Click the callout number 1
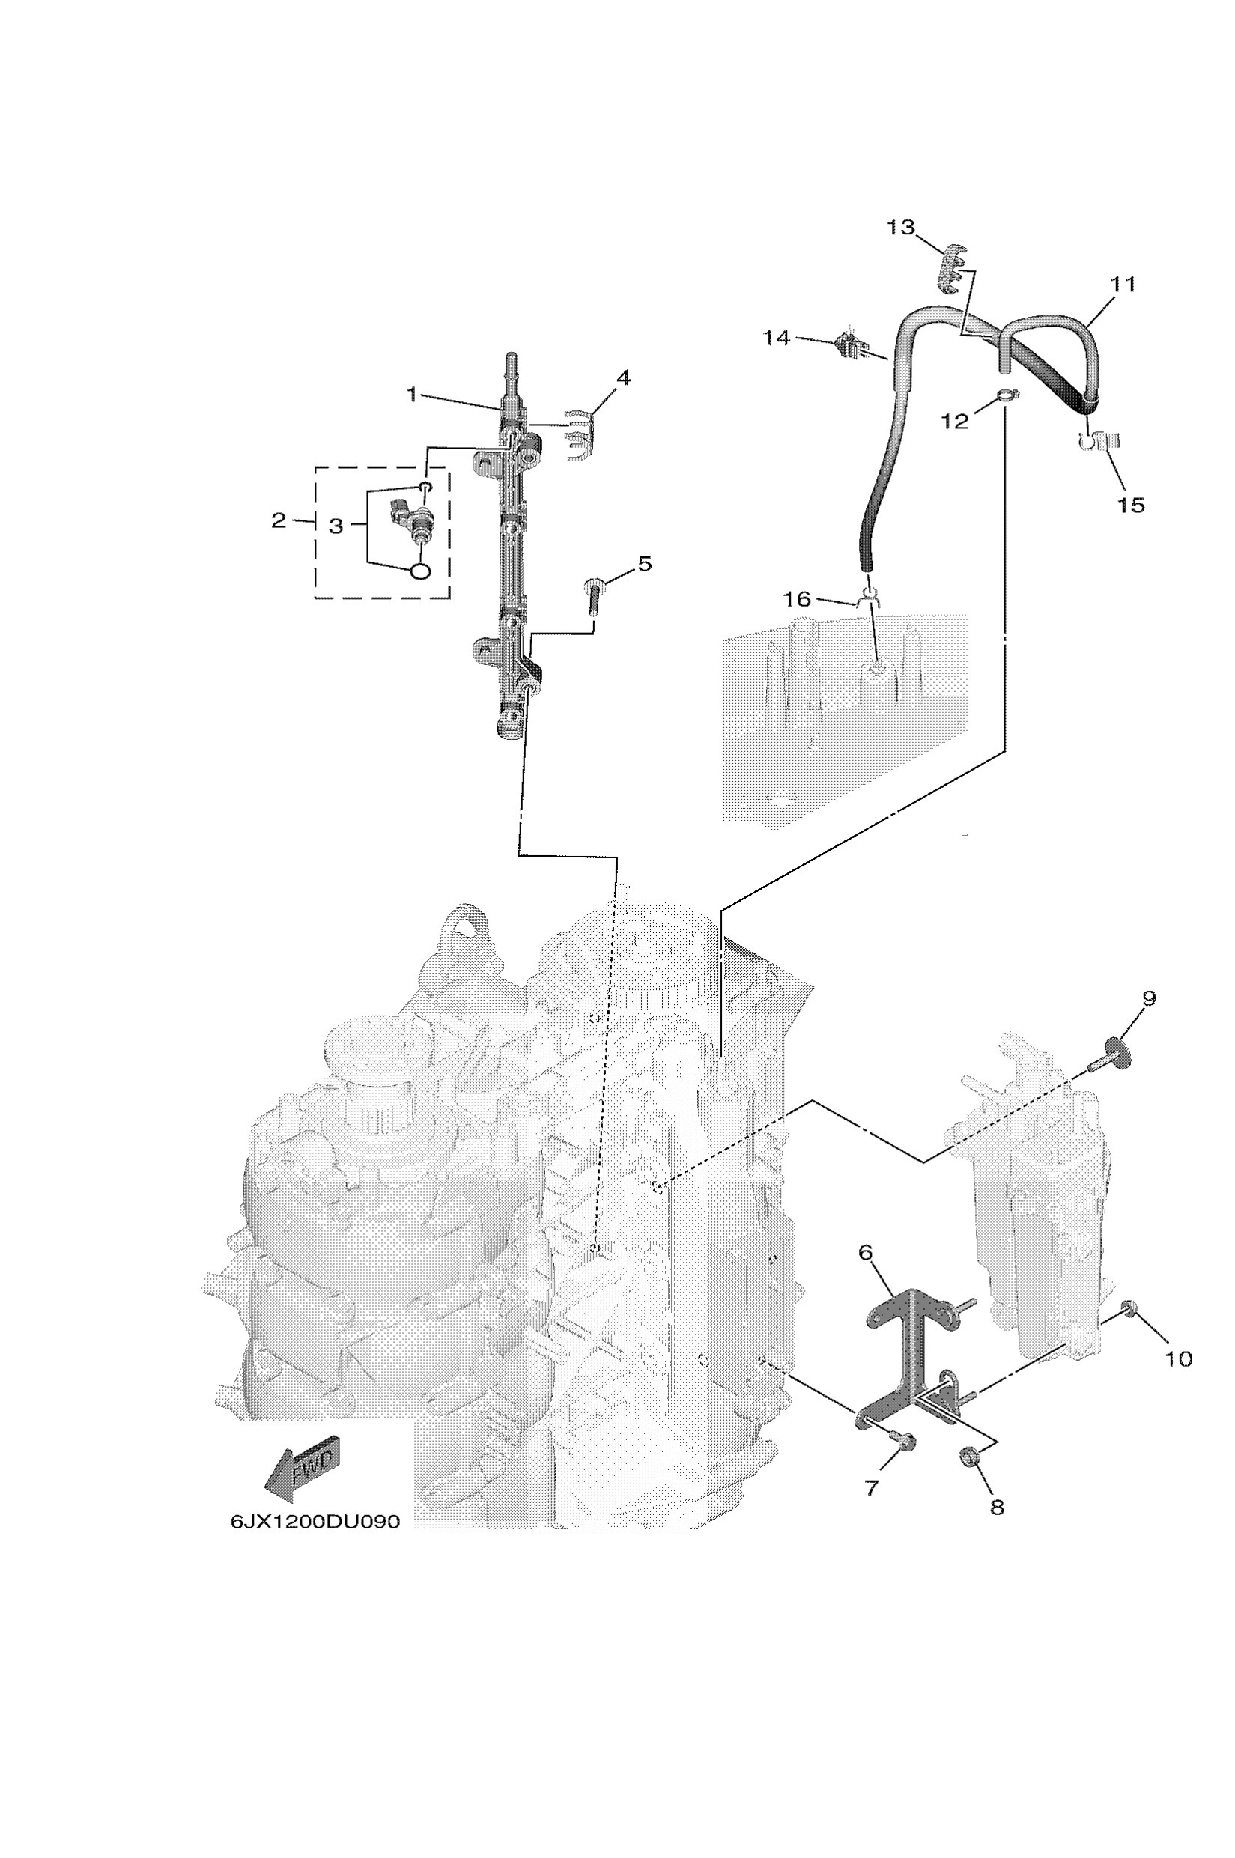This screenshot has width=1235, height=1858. point(412,395)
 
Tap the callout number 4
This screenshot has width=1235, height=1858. point(623,378)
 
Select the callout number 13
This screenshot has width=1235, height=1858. point(901,228)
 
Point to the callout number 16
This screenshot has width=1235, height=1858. point(797,599)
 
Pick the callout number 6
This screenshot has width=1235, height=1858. point(866,1251)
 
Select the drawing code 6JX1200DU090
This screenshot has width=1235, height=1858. point(315,1521)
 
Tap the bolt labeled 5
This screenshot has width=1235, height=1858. point(595,590)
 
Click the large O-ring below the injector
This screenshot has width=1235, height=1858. point(421,570)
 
